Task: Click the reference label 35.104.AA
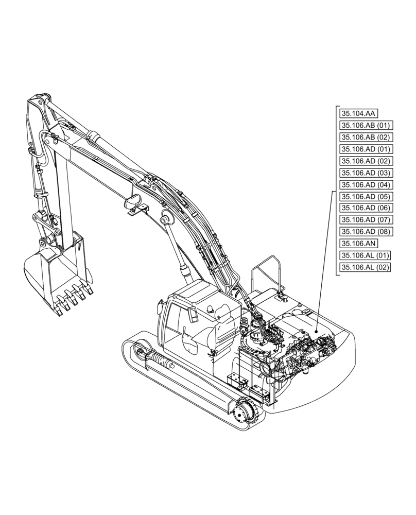[x=358, y=113]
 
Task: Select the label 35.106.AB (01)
[x=366, y=125]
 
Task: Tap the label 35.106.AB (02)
[x=366, y=137]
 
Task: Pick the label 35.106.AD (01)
[x=366, y=149]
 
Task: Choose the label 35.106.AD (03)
[x=366, y=173]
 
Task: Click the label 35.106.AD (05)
[x=366, y=196]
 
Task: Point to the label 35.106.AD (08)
[x=366, y=231]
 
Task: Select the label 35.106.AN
[x=358, y=244]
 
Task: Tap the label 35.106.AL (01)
[x=366, y=255]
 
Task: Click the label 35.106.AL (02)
[x=366, y=267]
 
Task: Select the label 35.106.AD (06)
[x=366, y=208]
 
